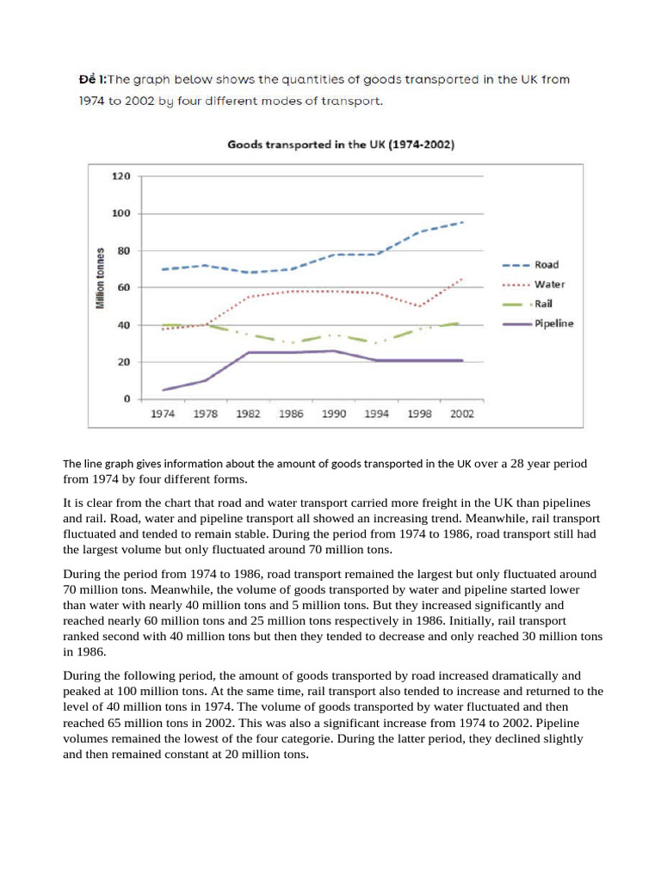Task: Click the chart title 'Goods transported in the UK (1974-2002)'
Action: [341, 145]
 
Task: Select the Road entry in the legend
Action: [547, 265]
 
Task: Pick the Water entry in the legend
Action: [549, 284]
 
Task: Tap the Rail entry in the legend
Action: [544, 304]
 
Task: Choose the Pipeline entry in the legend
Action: [553, 323]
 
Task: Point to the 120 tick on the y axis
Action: [121, 176]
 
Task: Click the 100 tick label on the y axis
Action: [121, 213]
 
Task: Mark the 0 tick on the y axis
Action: [127, 399]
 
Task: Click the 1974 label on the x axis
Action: [163, 414]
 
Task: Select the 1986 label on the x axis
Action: [292, 414]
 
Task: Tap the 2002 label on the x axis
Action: [462, 414]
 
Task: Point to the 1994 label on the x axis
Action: [377, 414]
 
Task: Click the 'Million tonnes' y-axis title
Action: [101, 279]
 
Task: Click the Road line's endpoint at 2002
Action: [463, 222]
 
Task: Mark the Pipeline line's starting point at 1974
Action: [163, 390]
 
